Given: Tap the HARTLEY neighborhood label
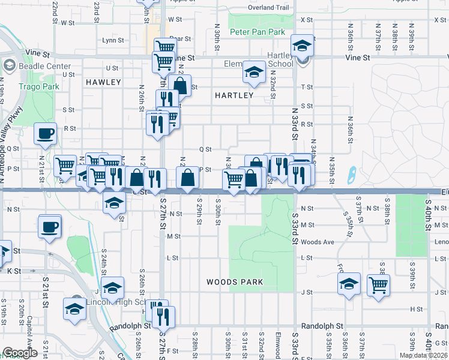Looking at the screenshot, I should pyautogui.click(x=234, y=95).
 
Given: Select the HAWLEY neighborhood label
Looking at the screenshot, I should pyautogui.click(x=103, y=82).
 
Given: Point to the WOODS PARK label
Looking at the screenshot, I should pyautogui.click(x=231, y=281).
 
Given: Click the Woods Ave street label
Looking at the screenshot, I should pyautogui.click(x=318, y=242).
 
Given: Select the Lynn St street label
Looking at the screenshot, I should pyautogui.click(x=112, y=41).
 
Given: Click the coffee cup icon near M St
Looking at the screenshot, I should pyautogui.click(x=49, y=227).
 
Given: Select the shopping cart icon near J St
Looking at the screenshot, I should pyautogui.click(x=378, y=286).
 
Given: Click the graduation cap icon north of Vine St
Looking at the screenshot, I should pyautogui.click(x=302, y=45).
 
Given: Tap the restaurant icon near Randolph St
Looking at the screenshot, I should pyautogui.click(x=163, y=316).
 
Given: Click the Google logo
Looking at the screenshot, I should pyautogui.click(x=20, y=353).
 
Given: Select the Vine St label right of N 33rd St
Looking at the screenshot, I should pyautogui.click(x=357, y=58).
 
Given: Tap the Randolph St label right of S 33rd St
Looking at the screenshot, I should pyautogui.click(x=322, y=326).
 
